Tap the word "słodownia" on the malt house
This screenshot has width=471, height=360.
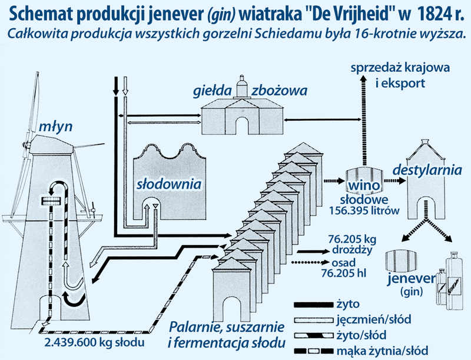click(x=169, y=184)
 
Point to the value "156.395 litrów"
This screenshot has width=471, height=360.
click(x=364, y=210)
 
